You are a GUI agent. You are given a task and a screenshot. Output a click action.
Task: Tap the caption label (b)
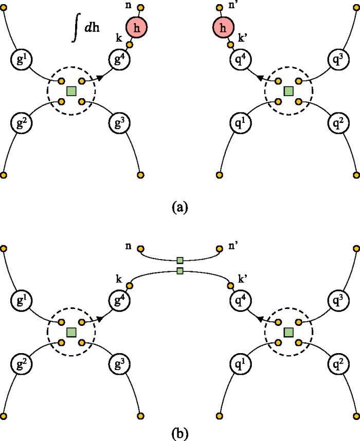tap(179, 430)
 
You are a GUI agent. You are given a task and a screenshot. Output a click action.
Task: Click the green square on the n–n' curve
tap(180, 260)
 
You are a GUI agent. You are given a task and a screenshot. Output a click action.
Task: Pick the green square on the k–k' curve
tap(180, 270)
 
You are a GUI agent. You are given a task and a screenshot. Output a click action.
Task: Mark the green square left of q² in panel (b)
tap(289, 332)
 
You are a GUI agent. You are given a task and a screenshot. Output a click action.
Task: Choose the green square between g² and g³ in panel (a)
tap(71, 91)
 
